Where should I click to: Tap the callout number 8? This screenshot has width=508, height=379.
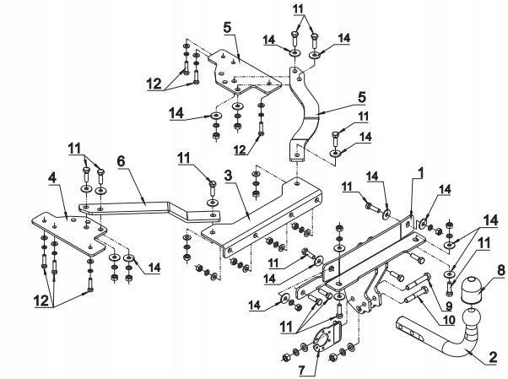[478, 270]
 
